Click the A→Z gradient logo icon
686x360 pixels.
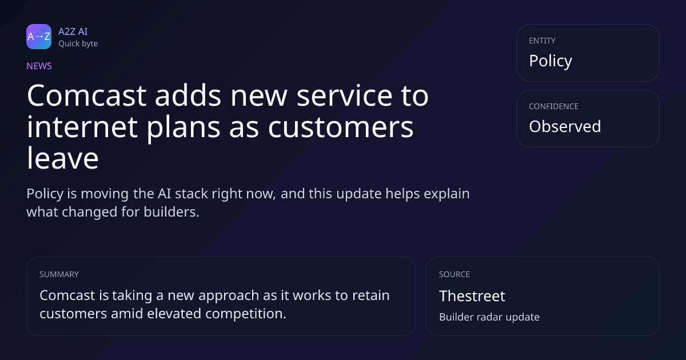click(39, 37)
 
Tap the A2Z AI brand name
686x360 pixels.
click(73, 31)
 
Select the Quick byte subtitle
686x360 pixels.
click(78, 44)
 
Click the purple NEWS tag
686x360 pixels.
click(39, 66)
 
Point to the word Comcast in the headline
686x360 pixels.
click(87, 95)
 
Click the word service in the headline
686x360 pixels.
click(344, 95)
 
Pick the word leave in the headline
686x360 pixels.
click(63, 158)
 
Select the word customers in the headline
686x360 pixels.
click(341, 127)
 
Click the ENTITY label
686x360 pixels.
click(542, 41)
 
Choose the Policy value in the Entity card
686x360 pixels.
click(551, 61)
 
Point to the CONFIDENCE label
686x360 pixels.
click(554, 106)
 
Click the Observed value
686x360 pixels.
click(565, 126)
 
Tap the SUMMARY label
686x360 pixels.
click(59, 274)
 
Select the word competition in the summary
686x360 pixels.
click(246, 314)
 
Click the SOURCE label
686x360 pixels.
click(454, 274)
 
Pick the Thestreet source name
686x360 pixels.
click(472, 296)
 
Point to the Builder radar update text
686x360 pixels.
click(489, 317)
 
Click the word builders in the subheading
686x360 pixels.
click(171, 212)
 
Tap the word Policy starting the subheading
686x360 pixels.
click(45, 194)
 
